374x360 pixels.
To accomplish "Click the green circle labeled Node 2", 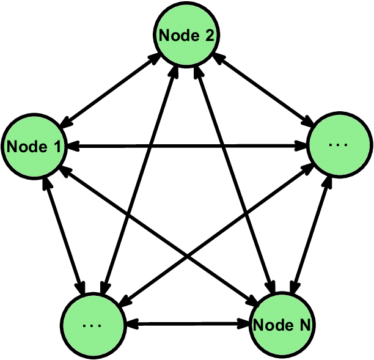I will point(186,35).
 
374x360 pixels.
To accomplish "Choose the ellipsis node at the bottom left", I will point(92,323).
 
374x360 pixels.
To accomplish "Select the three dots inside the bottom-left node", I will point(92,325).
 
